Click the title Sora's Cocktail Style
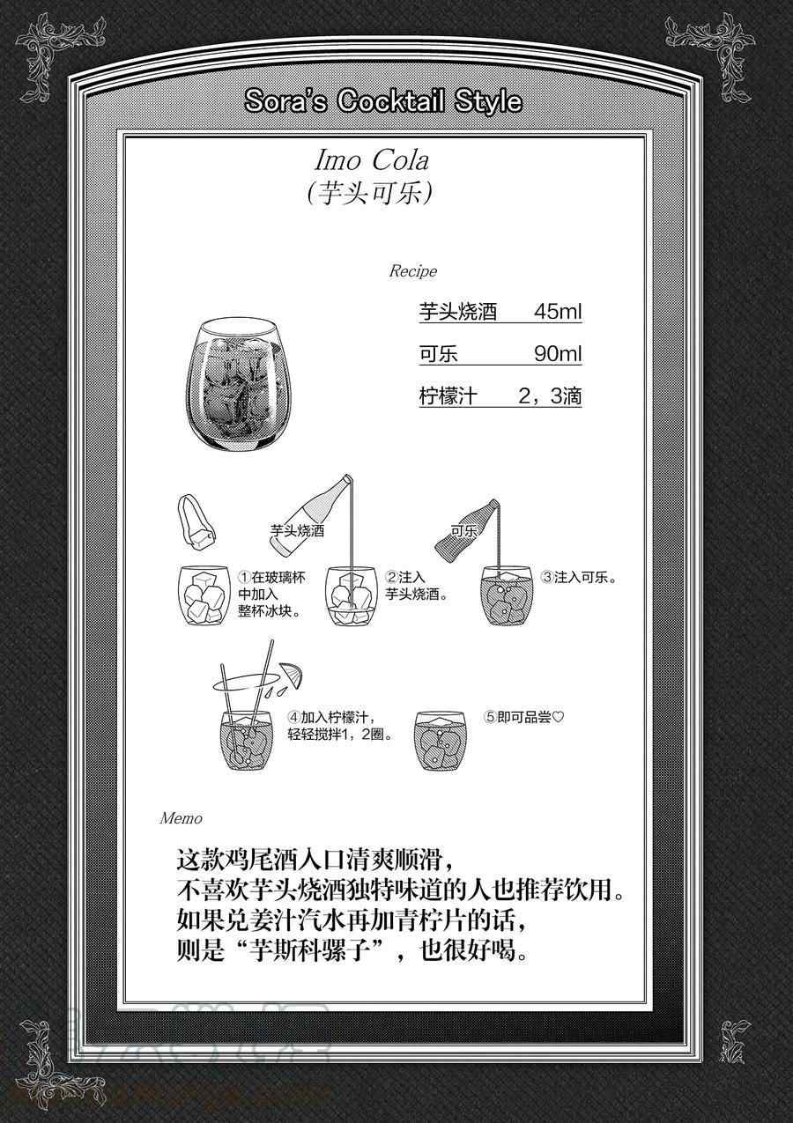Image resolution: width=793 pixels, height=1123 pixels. [x=383, y=102]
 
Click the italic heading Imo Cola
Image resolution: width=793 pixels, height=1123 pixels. [x=372, y=161]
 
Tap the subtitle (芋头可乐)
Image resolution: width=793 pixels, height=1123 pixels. [x=370, y=193]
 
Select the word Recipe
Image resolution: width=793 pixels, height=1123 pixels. [x=413, y=271]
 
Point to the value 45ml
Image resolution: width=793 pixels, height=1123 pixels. [x=558, y=311]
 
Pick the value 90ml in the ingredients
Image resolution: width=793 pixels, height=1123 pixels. [x=558, y=354]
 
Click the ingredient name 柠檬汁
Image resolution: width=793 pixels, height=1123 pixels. [x=448, y=396]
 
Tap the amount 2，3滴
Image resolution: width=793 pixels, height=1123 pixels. [x=550, y=396]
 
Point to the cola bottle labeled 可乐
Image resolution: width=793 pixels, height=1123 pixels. [x=466, y=531]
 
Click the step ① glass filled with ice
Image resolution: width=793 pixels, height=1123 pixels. [x=204, y=595]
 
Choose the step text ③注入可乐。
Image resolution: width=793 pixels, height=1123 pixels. [x=579, y=577]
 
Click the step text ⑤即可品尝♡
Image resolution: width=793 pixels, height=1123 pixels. [x=524, y=718]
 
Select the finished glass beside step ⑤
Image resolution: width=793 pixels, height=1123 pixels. [x=441, y=741]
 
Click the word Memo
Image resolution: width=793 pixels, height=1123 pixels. [x=182, y=818]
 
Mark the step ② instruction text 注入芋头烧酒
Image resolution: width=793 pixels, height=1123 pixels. [x=416, y=586]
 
